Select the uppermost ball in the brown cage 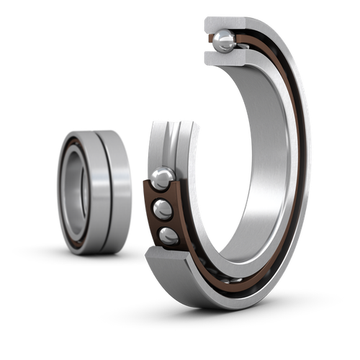[162, 178]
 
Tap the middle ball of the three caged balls [163, 210]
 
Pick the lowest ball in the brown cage [168, 235]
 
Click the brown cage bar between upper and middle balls [157, 195]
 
